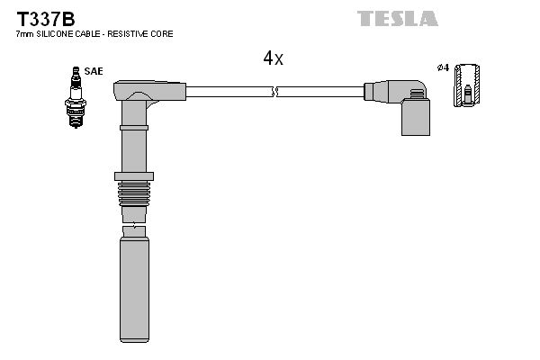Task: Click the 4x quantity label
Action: click(x=273, y=58)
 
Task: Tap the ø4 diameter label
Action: click(x=443, y=69)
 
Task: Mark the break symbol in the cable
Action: click(x=275, y=91)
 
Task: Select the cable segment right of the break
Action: click(x=319, y=91)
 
